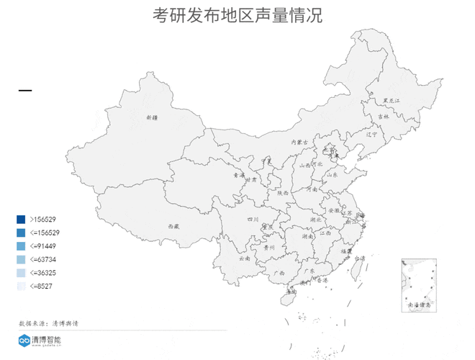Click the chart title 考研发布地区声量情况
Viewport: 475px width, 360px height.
pyautogui.click(x=237, y=14)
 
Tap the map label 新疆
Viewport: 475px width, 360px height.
pyautogui.click(x=150, y=117)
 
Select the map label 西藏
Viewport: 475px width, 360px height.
pyautogui.click(x=173, y=225)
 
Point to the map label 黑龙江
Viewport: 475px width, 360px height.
pyautogui.click(x=390, y=100)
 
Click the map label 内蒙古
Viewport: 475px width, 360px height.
pyautogui.click(x=299, y=143)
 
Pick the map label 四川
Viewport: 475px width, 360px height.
pyautogui.click(x=253, y=219)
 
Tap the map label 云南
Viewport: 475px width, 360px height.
pyautogui.click(x=244, y=257)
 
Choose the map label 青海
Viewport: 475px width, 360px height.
pyautogui.click(x=238, y=175)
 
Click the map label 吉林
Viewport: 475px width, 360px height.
pyautogui.click(x=383, y=116)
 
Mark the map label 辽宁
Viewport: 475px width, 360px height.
pyautogui.click(x=371, y=134)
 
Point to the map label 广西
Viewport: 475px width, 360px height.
pyautogui.click(x=279, y=274)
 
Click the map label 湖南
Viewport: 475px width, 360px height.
pyautogui.click(x=307, y=235)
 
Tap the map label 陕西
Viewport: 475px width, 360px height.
pyautogui.click(x=283, y=193)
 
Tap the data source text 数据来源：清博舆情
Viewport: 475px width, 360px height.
pyautogui.click(x=48, y=323)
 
